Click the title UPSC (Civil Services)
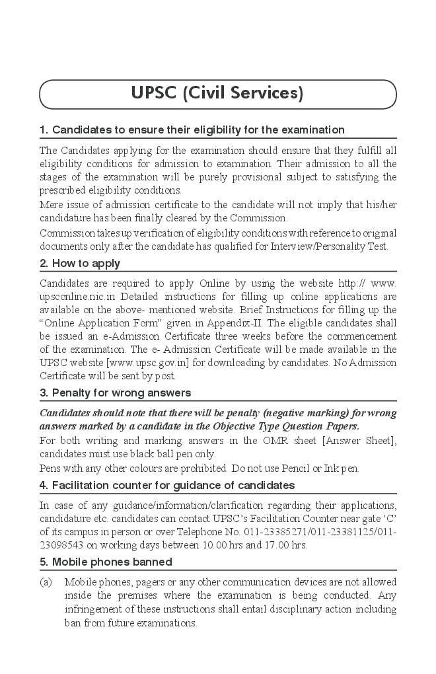pos(217,94)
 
